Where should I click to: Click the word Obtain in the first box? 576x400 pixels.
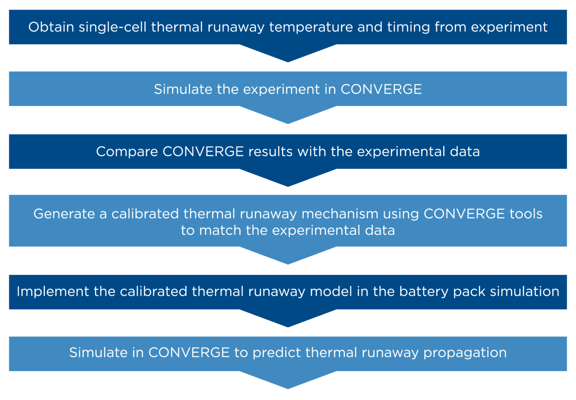(x=51, y=27)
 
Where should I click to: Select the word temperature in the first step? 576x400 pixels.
(x=311, y=27)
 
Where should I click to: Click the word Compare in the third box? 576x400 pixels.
(x=127, y=152)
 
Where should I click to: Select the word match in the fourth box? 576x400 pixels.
(x=220, y=230)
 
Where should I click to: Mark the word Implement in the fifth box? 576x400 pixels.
(x=53, y=292)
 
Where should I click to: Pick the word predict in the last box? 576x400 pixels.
(x=277, y=353)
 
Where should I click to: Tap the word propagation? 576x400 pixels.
(x=465, y=353)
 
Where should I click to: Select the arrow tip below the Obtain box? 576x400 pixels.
(x=288, y=60)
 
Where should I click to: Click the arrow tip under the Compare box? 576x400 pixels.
(x=288, y=184)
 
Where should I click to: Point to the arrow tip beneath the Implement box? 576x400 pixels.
(x=288, y=325)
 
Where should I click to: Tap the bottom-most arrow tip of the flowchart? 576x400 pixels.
(x=288, y=387)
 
